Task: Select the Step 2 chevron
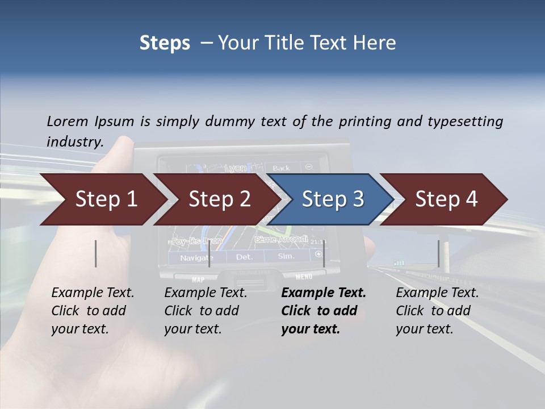pyautogui.click(x=219, y=199)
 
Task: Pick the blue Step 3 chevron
pyautogui.click(x=332, y=199)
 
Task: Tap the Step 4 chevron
pyautogui.click(x=446, y=199)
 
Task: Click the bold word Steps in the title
pyautogui.click(x=165, y=43)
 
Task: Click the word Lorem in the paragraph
pyautogui.click(x=67, y=122)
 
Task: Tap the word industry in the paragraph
pyautogui.click(x=74, y=142)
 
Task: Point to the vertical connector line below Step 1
pyautogui.click(x=96, y=253)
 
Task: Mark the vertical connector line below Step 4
pyautogui.click(x=438, y=253)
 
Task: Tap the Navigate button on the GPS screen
pyautogui.click(x=196, y=258)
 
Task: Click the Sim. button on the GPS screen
pyautogui.click(x=287, y=257)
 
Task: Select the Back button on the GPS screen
pyautogui.click(x=281, y=168)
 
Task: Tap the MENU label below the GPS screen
pyautogui.click(x=304, y=277)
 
